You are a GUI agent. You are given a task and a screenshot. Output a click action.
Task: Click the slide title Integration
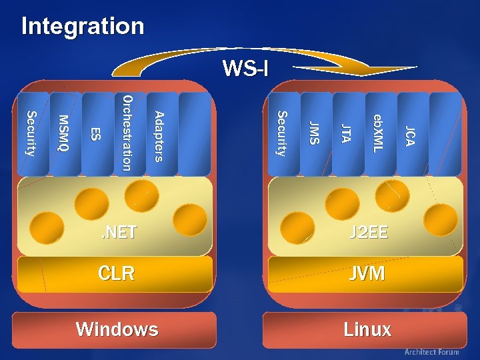83,27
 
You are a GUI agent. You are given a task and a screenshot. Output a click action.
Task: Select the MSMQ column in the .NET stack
64,133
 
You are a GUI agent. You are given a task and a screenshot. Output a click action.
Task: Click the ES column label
96,134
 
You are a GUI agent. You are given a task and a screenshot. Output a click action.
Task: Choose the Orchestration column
128,133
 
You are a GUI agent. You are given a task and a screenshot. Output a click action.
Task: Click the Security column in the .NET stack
31,133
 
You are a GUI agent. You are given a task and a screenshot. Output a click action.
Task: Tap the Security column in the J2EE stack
282,133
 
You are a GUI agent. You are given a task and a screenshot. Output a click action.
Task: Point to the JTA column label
346,134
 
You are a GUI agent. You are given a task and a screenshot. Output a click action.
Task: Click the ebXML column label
378,133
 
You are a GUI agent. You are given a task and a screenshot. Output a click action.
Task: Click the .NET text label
118,232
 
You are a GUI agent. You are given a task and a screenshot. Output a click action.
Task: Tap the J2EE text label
369,233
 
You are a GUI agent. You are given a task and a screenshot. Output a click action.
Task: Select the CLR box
116,273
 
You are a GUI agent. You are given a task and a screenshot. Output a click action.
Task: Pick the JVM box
367,273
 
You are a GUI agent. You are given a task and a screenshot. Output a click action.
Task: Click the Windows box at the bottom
117,329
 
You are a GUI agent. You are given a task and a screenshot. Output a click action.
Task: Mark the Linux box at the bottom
367,329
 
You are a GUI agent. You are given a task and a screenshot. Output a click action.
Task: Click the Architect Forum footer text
431,352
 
